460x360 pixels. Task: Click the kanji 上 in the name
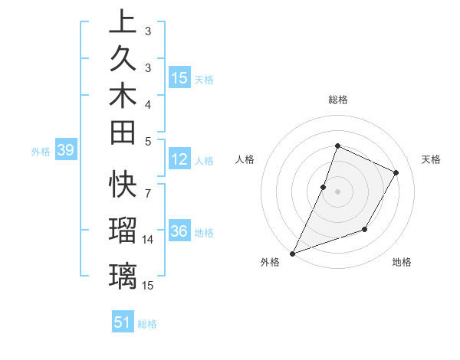point(123,21)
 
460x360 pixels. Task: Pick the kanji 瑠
point(123,230)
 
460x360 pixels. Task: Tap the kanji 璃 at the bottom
point(123,274)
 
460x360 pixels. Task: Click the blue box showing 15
point(179,78)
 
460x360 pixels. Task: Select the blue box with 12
point(179,159)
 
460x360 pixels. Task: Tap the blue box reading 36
point(179,231)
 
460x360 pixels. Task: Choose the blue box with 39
point(66,151)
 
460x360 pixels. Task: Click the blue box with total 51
point(123,322)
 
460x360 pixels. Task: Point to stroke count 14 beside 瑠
point(148,240)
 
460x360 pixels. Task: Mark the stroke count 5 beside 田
point(147,141)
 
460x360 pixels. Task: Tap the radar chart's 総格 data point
point(337,146)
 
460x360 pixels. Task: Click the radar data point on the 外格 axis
point(292,253)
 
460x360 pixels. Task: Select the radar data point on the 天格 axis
point(396,172)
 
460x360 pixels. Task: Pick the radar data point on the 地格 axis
point(365,229)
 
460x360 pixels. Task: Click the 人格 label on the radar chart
point(245,159)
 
